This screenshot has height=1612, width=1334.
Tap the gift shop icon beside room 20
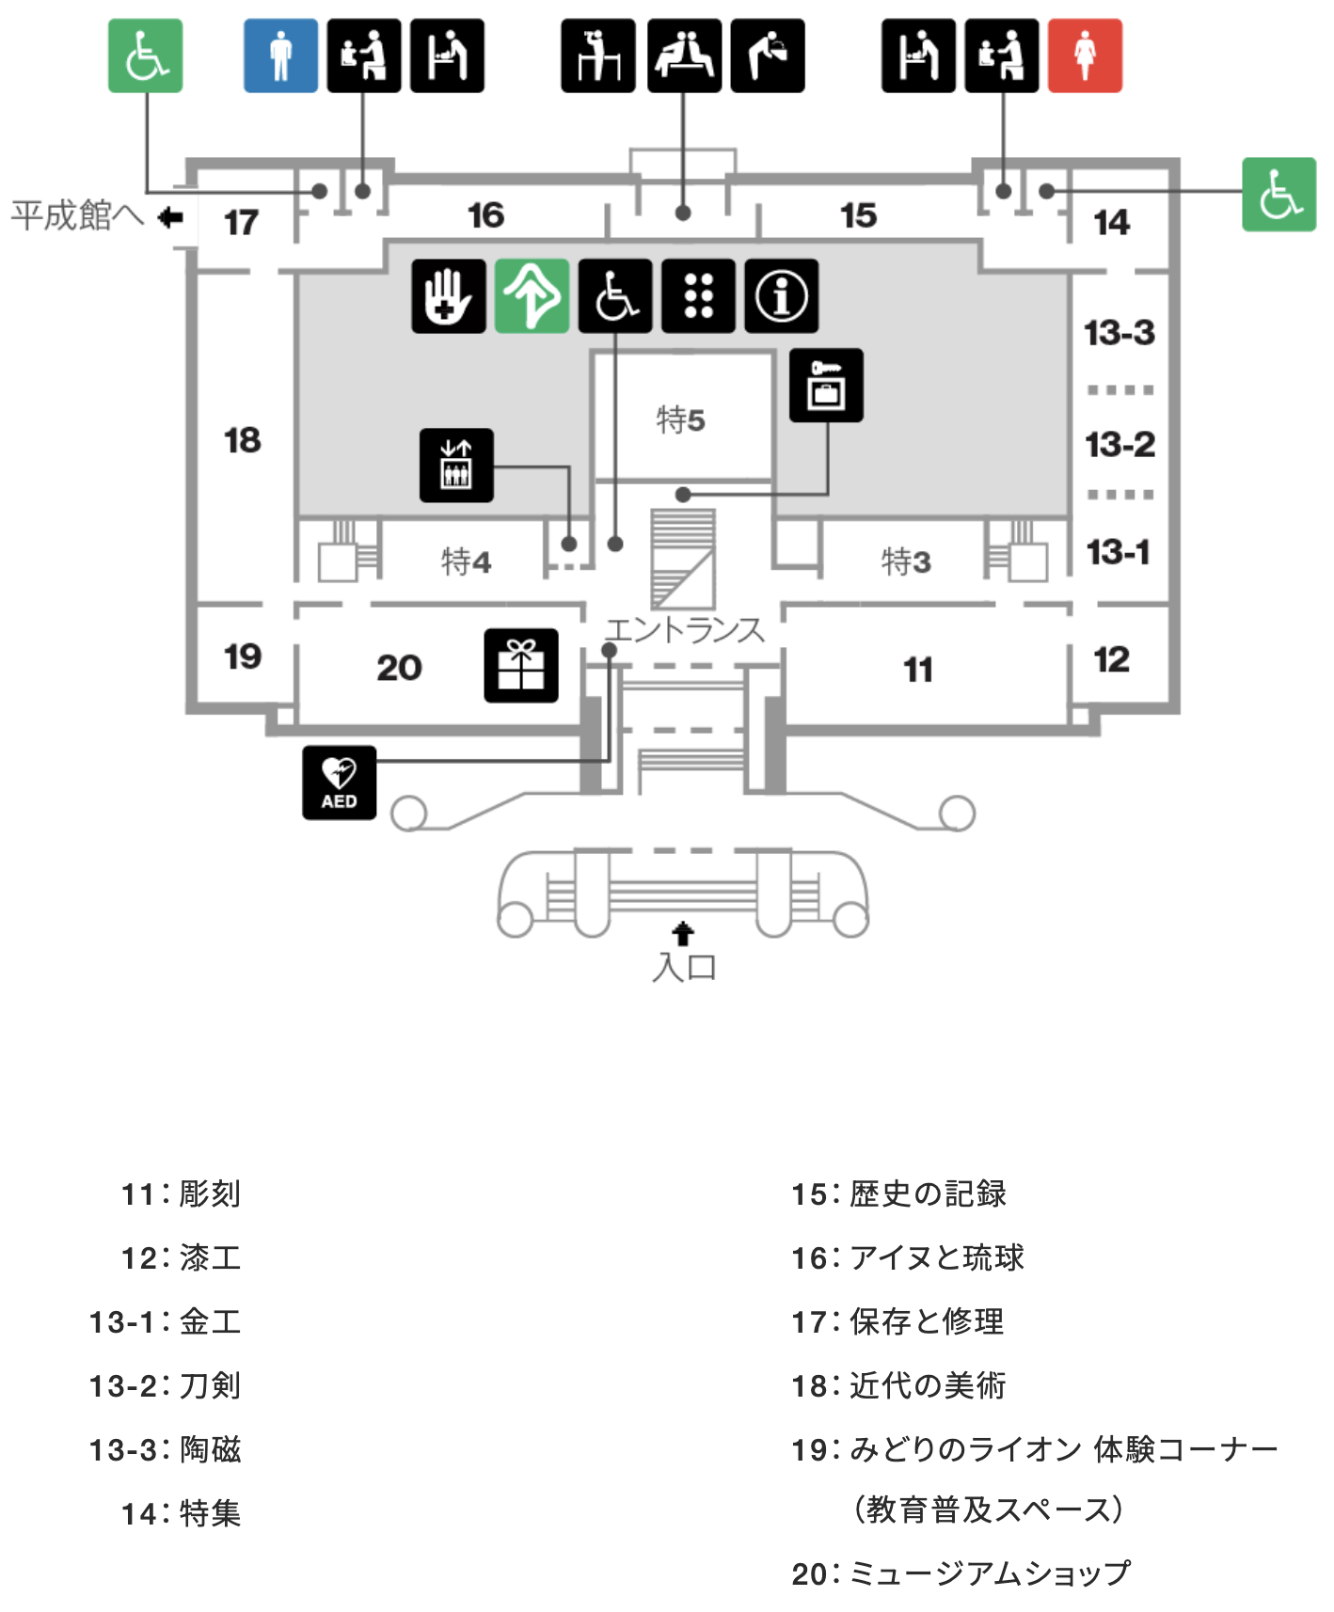coord(520,666)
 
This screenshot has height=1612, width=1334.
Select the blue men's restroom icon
coord(280,55)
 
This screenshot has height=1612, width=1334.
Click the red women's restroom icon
coord(1085,55)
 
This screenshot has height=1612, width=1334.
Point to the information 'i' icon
coord(781,296)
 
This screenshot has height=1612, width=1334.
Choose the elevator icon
coord(456,465)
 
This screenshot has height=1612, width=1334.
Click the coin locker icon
coord(826,386)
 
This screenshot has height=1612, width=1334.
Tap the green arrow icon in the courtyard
coord(532,296)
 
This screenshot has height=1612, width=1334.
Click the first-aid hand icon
coord(449,296)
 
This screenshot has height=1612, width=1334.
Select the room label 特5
coord(680,419)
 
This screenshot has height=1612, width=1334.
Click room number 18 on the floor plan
coord(242,440)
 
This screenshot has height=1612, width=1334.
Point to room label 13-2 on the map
coord(1120,444)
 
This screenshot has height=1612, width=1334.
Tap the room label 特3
coord(906,561)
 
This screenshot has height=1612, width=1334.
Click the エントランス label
coord(684,629)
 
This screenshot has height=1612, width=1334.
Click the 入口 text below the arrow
coord(684,967)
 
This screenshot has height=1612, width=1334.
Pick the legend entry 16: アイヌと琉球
coord(907,1257)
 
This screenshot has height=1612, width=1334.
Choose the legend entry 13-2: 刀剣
coord(166,1385)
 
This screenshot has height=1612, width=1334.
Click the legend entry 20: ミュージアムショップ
coord(961,1572)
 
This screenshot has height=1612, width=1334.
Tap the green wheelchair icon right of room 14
coord(1278,195)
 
